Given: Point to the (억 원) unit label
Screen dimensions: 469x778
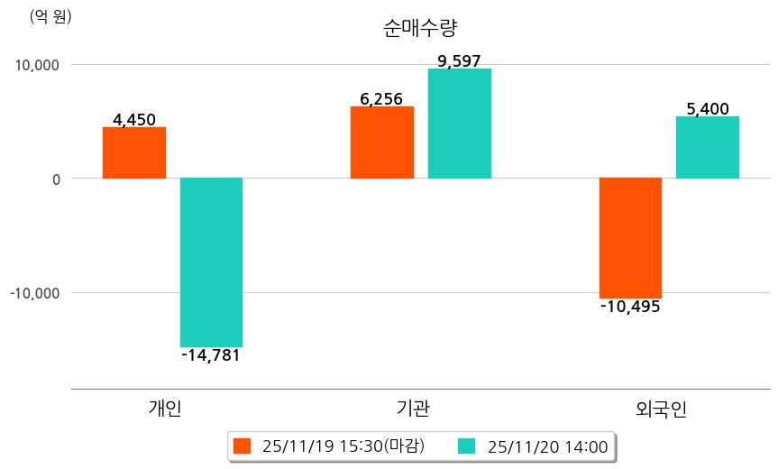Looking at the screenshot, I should click(50, 16).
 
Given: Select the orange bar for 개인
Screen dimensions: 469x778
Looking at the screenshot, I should click(134, 152).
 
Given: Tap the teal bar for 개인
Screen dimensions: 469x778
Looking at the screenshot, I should click(211, 262).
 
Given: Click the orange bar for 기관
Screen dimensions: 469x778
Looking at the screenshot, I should click(381, 143).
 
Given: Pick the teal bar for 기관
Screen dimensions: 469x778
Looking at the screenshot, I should click(460, 124).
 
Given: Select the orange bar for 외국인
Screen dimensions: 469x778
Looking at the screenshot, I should click(630, 237).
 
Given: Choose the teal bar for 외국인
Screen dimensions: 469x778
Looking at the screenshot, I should click(708, 147).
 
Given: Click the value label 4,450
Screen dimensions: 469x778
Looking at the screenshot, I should click(134, 119).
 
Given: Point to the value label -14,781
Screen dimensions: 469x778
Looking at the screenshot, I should click(211, 355).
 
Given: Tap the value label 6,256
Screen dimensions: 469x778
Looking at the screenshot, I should click(381, 99).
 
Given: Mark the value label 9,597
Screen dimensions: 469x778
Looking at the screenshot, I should click(460, 61).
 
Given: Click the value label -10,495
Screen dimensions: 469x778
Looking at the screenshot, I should click(630, 307).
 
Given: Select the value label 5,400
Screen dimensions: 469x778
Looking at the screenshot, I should click(708, 109).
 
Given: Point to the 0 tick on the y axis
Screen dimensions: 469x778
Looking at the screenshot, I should click(56, 179).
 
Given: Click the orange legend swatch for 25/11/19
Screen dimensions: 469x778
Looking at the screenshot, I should click(241, 446).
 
